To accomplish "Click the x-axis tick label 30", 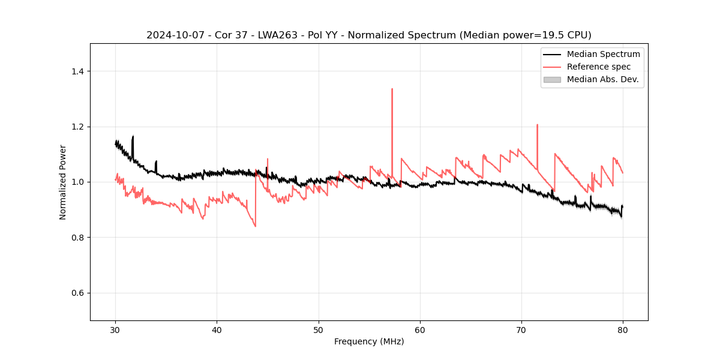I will [x=115, y=329].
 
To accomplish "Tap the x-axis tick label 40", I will [x=217, y=329].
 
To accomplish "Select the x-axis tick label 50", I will [x=318, y=329].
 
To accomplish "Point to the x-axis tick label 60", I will [x=420, y=329].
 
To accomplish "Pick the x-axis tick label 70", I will [x=521, y=329].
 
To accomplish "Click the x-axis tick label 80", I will [x=623, y=329].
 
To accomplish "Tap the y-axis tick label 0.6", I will [x=77, y=293].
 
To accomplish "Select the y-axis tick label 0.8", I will [x=77, y=238].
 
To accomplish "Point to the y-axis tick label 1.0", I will [x=77, y=182].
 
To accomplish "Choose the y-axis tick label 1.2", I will [x=77, y=127].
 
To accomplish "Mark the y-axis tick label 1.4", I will [x=77, y=71].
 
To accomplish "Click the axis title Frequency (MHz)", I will [x=369, y=341].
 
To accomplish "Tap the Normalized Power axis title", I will [x=63, y=182].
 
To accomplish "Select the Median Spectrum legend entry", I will [x=603, y=54].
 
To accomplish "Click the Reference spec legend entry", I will [x=598, y=67].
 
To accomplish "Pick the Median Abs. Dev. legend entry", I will [x=602, y=79].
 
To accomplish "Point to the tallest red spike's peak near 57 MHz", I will [x=392, y=89].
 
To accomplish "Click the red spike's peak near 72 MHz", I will [x=537, y=125].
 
